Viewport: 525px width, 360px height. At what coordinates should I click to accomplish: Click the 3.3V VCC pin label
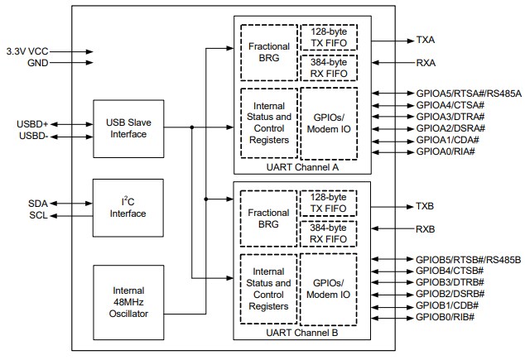click(28, 51)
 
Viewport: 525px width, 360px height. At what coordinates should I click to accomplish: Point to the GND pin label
click(38, 62)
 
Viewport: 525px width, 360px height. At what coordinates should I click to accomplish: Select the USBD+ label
click(32, 123)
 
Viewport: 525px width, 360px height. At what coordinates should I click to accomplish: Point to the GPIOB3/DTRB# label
click(449, 282)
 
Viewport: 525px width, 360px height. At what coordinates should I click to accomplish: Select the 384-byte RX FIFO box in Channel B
click(330, 233)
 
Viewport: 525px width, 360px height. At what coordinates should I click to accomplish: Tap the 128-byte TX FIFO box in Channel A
click(330, 37)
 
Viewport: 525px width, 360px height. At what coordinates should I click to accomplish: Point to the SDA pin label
click(38, 203)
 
